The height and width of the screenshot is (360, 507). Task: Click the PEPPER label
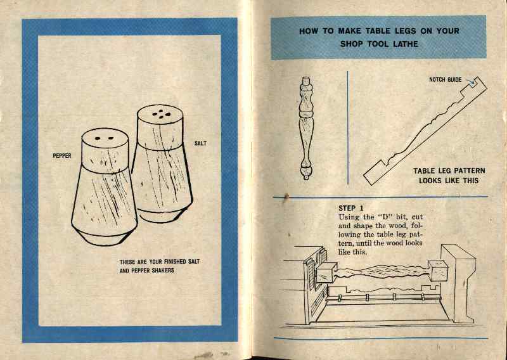[x=62, y=155]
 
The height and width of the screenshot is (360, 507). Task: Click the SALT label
[x=200, y=144]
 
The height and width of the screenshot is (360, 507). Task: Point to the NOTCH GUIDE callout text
[x=446, y=80]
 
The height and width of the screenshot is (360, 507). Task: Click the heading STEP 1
[x=351, y=209]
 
